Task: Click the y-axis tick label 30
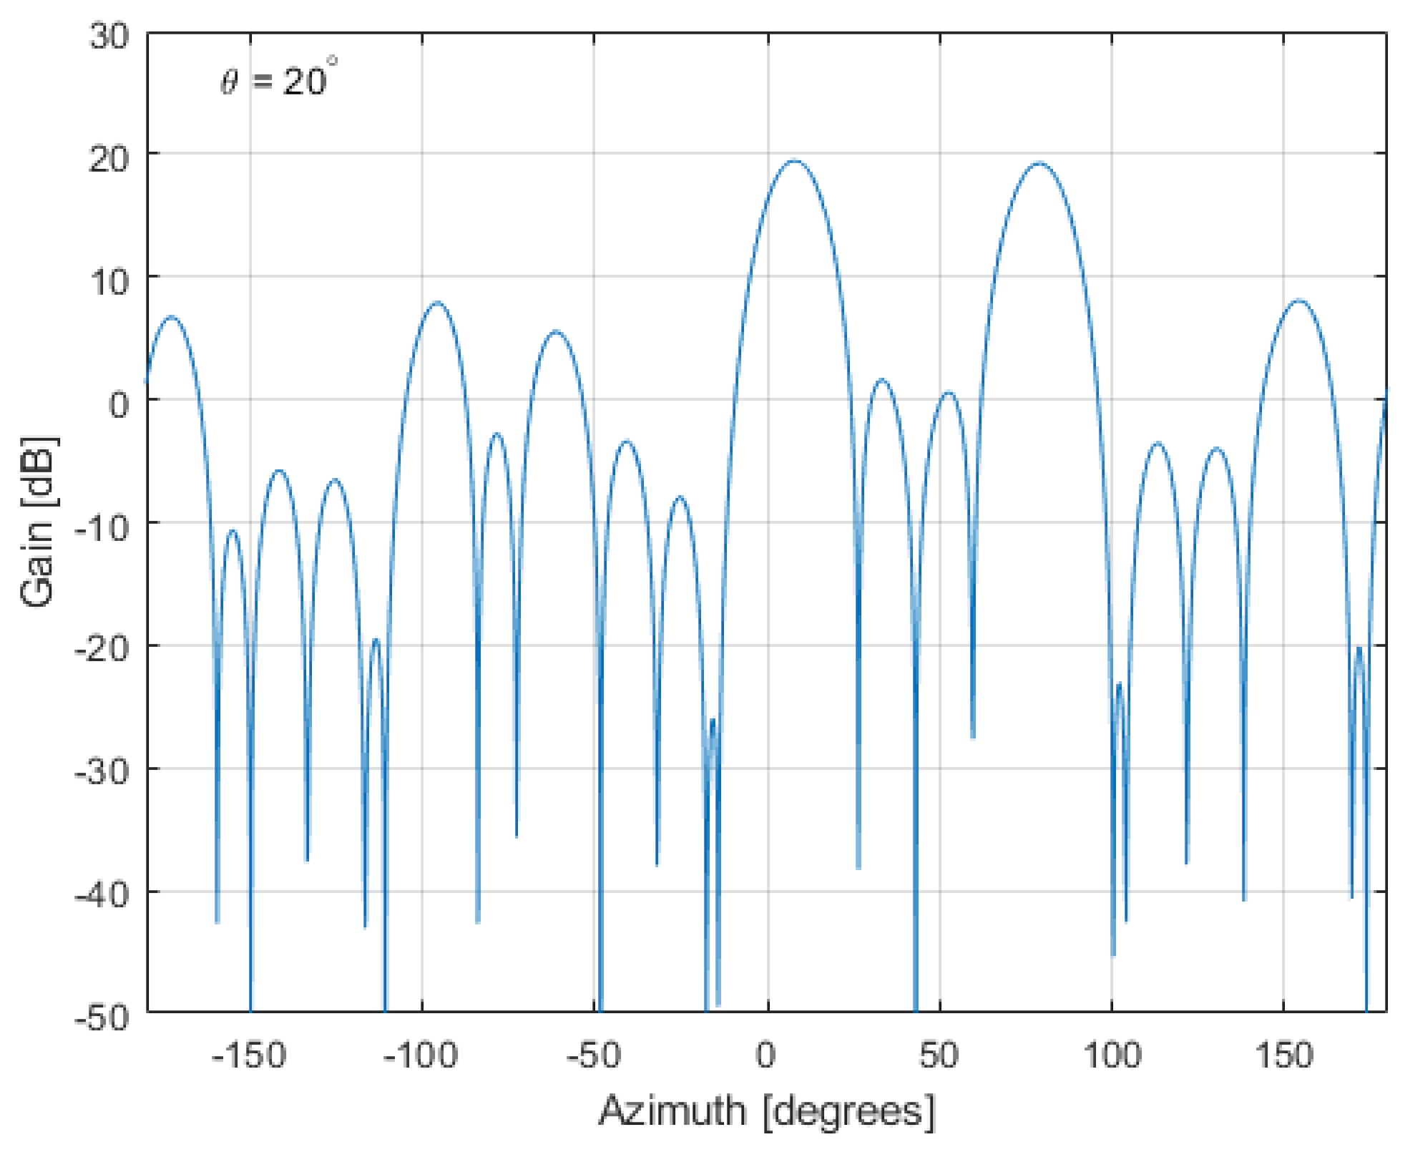click(109, 36)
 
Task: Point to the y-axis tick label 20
click(109, 154)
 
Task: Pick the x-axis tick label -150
click(249, 1056)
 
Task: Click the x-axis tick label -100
click(421, 1056)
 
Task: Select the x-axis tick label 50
click(939, 1056)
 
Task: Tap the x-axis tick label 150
click(1285, 1056)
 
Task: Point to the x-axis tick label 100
click(1112, 1056)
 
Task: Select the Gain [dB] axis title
click(39, 522)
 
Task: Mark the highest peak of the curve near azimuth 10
click(794, 160)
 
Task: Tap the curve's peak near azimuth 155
click(1298, 300)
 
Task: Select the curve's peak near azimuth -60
click(556, 331)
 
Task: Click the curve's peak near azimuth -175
click(171, 316)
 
